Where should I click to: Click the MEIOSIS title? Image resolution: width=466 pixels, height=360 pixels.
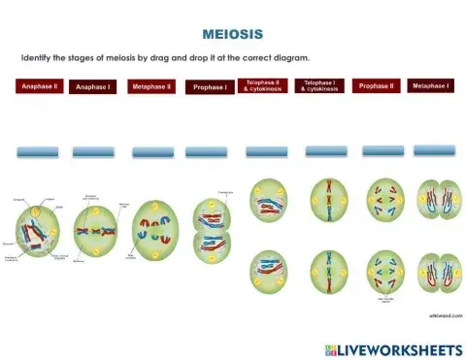[232, 34]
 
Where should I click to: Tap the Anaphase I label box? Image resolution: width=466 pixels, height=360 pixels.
[95, 87]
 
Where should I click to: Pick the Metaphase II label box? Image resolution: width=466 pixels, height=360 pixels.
[151, 86]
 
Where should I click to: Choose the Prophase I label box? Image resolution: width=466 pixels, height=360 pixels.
[210, 87]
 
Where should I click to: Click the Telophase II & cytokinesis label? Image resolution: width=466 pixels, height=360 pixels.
[263, 86]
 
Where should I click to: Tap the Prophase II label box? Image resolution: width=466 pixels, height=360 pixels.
[376, 86]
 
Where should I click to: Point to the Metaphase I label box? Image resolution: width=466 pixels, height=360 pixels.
[430, 86]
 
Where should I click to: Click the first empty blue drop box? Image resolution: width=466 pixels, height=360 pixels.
[38, 151]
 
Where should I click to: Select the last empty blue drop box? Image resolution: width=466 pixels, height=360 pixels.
[434, 150]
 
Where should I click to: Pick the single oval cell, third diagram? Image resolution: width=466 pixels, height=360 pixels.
[155, 226]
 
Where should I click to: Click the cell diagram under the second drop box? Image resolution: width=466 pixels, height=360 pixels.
[95, 231]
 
